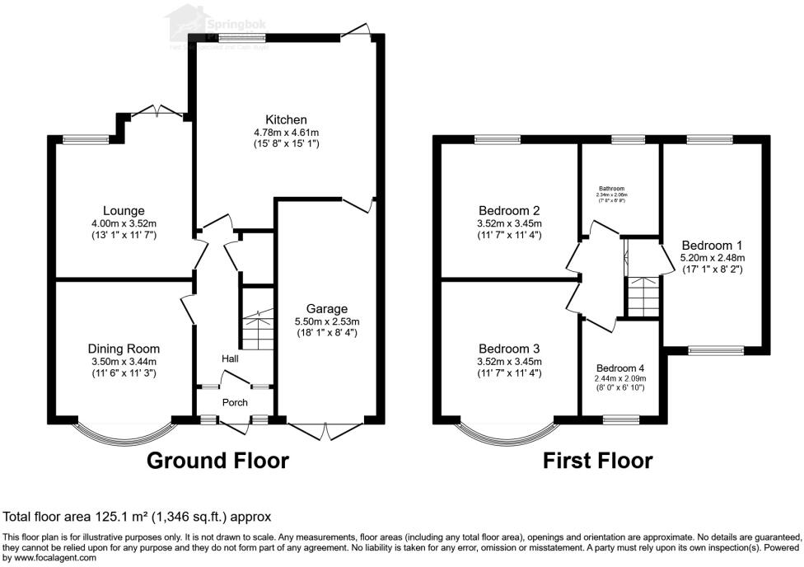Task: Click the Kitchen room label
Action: tap(286, 119)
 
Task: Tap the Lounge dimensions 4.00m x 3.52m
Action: tap(124, 223)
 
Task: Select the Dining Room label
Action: tap(124, 349)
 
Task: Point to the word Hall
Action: tap(230, 359)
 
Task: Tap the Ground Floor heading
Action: tap(217, 461)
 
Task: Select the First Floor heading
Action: tap(597, 461)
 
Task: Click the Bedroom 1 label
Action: tap(713, 245)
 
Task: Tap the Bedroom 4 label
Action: tap(621, 368)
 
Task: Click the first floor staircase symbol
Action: tap(643, 297)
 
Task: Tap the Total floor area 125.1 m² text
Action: tap(138, 518)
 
